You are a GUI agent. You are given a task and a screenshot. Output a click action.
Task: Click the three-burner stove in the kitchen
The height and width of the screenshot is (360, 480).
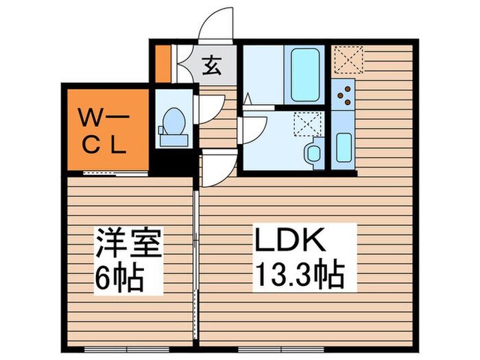(344, 94)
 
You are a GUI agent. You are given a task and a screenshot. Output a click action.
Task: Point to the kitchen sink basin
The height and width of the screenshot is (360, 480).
(344, 145)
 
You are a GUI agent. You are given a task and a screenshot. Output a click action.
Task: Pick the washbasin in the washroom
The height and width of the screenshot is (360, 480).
(314, 152)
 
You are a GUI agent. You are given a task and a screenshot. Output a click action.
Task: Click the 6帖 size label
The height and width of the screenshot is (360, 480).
(119, 278)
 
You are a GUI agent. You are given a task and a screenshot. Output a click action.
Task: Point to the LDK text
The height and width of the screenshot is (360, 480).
(289, 242)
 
